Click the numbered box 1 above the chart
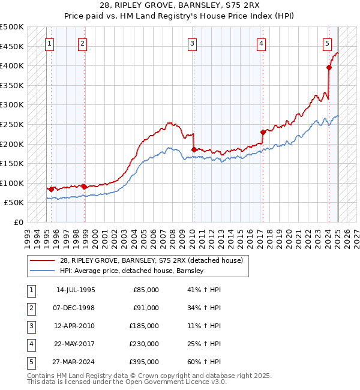point(49,43)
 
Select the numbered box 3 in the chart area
point(192,43)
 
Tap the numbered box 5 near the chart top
point(327,43)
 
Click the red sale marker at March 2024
point(329,68)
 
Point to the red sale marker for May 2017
point(263,132)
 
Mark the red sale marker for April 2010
point(194,149)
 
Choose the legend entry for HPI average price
point(131,271)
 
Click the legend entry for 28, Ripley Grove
point(151,260)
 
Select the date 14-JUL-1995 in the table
point(76,290)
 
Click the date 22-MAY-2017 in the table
point(76,344)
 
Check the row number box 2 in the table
point(31,308)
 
